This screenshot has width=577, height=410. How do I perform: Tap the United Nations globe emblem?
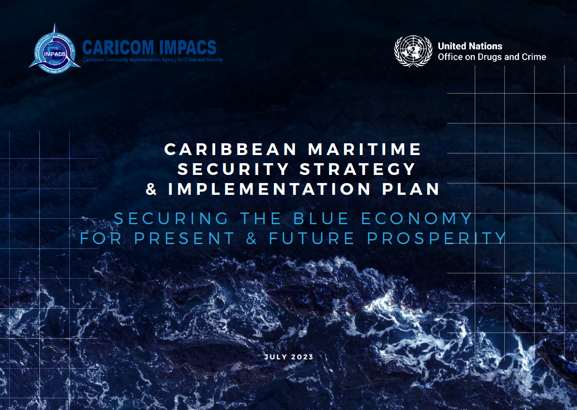[413, 51]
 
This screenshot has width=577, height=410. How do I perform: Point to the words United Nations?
[470, 46]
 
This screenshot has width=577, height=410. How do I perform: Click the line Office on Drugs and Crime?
[492, 57]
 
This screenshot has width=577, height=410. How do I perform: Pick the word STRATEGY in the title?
[358, 169]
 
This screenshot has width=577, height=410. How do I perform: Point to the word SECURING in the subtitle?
[171, 218]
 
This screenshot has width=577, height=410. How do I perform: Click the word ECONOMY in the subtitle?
[416, 218]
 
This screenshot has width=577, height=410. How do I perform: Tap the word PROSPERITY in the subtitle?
[436, 238]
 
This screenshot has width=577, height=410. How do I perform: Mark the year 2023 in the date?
[302, 357]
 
